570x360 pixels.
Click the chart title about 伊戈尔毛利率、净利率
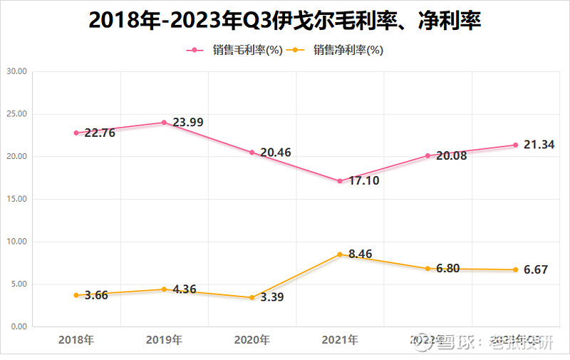pyautogui.click(x=285, y=20)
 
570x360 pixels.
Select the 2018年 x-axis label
pyautogui.click(x=76, y=340)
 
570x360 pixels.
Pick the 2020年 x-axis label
pyautogui.click(x=252, y=340)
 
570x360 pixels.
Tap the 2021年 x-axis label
pyautogui.click(x=339, y=340)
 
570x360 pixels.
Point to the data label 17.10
pyautogui.click(x=363, y=180)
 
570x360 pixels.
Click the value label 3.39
pyautogui.click(x=272, y=297)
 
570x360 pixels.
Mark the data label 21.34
pyautogui.click(x=539, y=145)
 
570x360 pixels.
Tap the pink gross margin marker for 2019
pyautogui.click(x=164, y=123)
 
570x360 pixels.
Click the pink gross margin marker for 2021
pyautogui.click(x=340, y=181)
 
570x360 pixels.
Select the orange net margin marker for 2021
pyautogui.click(x=340, y=254)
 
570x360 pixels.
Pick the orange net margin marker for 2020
pyautogui.click(x=252, y=297)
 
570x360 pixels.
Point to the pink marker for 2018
pyautogui.click(x=76, y=133)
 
